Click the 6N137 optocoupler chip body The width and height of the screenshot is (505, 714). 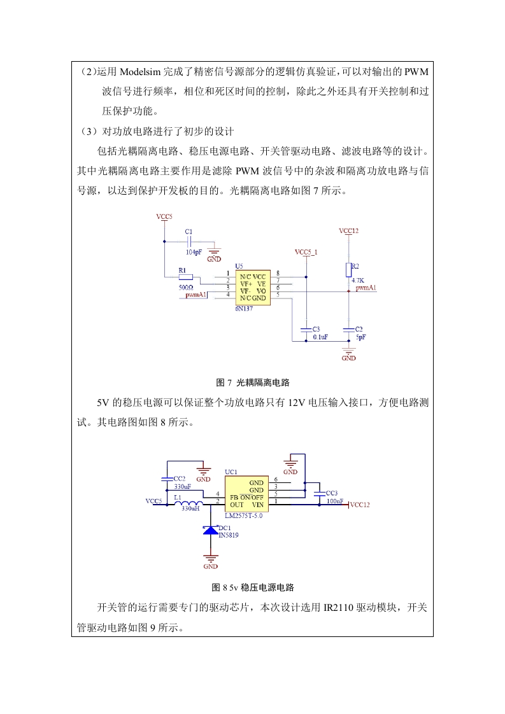click(x=253, y=288)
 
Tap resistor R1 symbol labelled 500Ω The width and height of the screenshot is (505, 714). click(x=186, y=277)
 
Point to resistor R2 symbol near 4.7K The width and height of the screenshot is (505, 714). click(x=349, y=270)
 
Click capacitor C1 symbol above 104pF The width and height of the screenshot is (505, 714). click(x=189, y=242)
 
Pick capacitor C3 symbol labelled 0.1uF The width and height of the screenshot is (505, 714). click(x=306, y=329)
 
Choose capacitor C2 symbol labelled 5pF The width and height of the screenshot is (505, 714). click(x=349, y=329)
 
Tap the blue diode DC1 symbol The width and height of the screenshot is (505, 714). click(x=211, y=530)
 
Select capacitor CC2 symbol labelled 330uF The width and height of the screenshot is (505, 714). click(x=167, y=479)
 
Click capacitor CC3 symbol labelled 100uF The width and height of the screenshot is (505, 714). click(x=320, y=493)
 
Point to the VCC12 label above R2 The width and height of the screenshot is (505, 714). click(x=349, y=231)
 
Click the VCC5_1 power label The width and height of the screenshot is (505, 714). click(x=306, y=252)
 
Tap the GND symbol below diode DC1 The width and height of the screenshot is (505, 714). click(x=211, y=559)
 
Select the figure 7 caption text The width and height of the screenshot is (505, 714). click(x=253, y=382)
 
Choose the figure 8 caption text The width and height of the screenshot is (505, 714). click(x=253, y=587)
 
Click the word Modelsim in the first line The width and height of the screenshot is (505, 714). click(x=141, y=72)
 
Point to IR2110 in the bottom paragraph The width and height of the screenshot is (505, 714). click(x=339, y=608)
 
